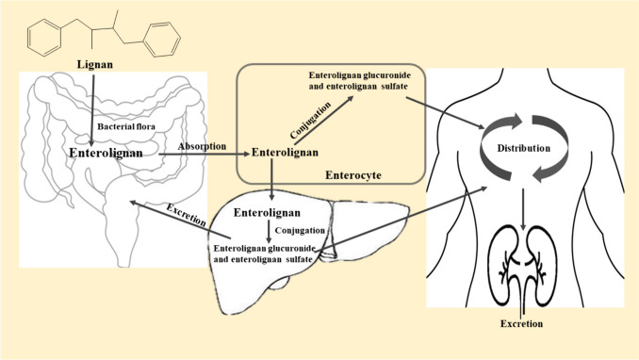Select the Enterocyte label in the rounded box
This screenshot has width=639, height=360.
click(x=352, y=174)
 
